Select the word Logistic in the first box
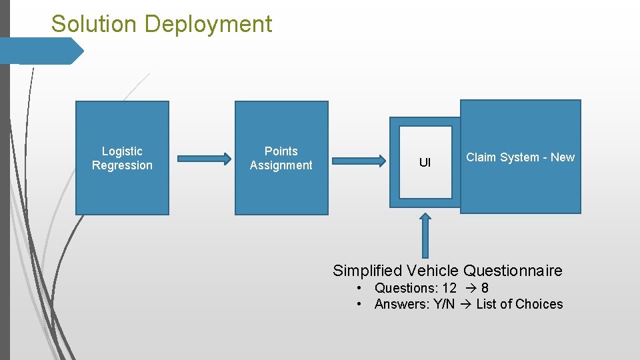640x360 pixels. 122,151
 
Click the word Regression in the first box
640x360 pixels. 122,165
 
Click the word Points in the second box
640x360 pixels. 281,151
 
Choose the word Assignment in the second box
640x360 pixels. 281,165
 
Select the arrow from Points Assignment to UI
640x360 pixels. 359,160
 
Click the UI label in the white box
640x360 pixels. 425,163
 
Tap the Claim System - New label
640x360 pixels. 520,157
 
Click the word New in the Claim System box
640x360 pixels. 563,157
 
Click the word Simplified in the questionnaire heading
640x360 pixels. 367,271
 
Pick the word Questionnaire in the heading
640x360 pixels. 513,271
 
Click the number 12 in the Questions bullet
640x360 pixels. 449,288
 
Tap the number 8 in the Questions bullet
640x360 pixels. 485,288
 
